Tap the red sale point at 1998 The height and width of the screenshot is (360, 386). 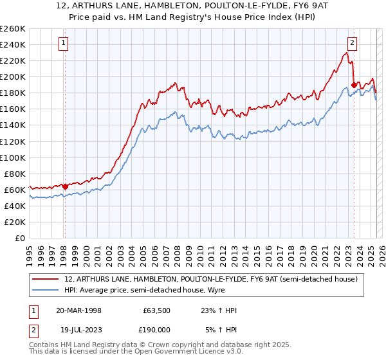[x=65, y=187]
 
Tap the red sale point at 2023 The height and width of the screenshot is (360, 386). [x=354, y=84]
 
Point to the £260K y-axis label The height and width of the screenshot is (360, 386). [x=12, y=28]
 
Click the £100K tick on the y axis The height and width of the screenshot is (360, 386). [x=12, y=157]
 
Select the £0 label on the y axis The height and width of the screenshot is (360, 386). [x=20, y=238]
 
